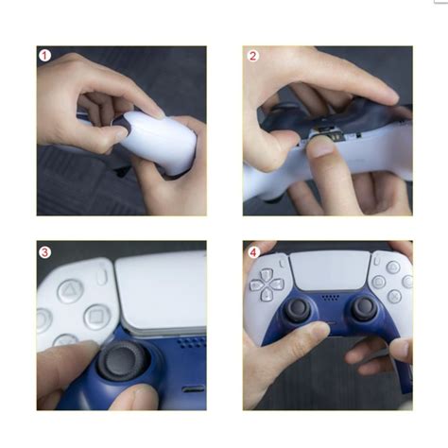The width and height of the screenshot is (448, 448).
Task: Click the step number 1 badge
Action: [x=44, y=56]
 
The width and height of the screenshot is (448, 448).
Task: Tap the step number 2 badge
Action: [x=253, y=56]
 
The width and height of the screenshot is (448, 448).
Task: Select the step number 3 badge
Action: [x=44, y=252]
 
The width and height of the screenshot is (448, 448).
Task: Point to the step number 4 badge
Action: [x=253, y=251]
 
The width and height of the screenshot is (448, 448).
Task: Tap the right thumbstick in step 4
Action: [x=364, y=308]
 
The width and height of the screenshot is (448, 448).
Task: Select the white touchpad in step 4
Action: [x=330, y=269]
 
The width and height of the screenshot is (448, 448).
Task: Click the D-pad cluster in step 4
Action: [x=267, y=282]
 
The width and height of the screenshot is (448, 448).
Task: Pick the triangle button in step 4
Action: [x=391, y=267]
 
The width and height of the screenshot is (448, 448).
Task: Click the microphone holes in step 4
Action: [x=331, y=296]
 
